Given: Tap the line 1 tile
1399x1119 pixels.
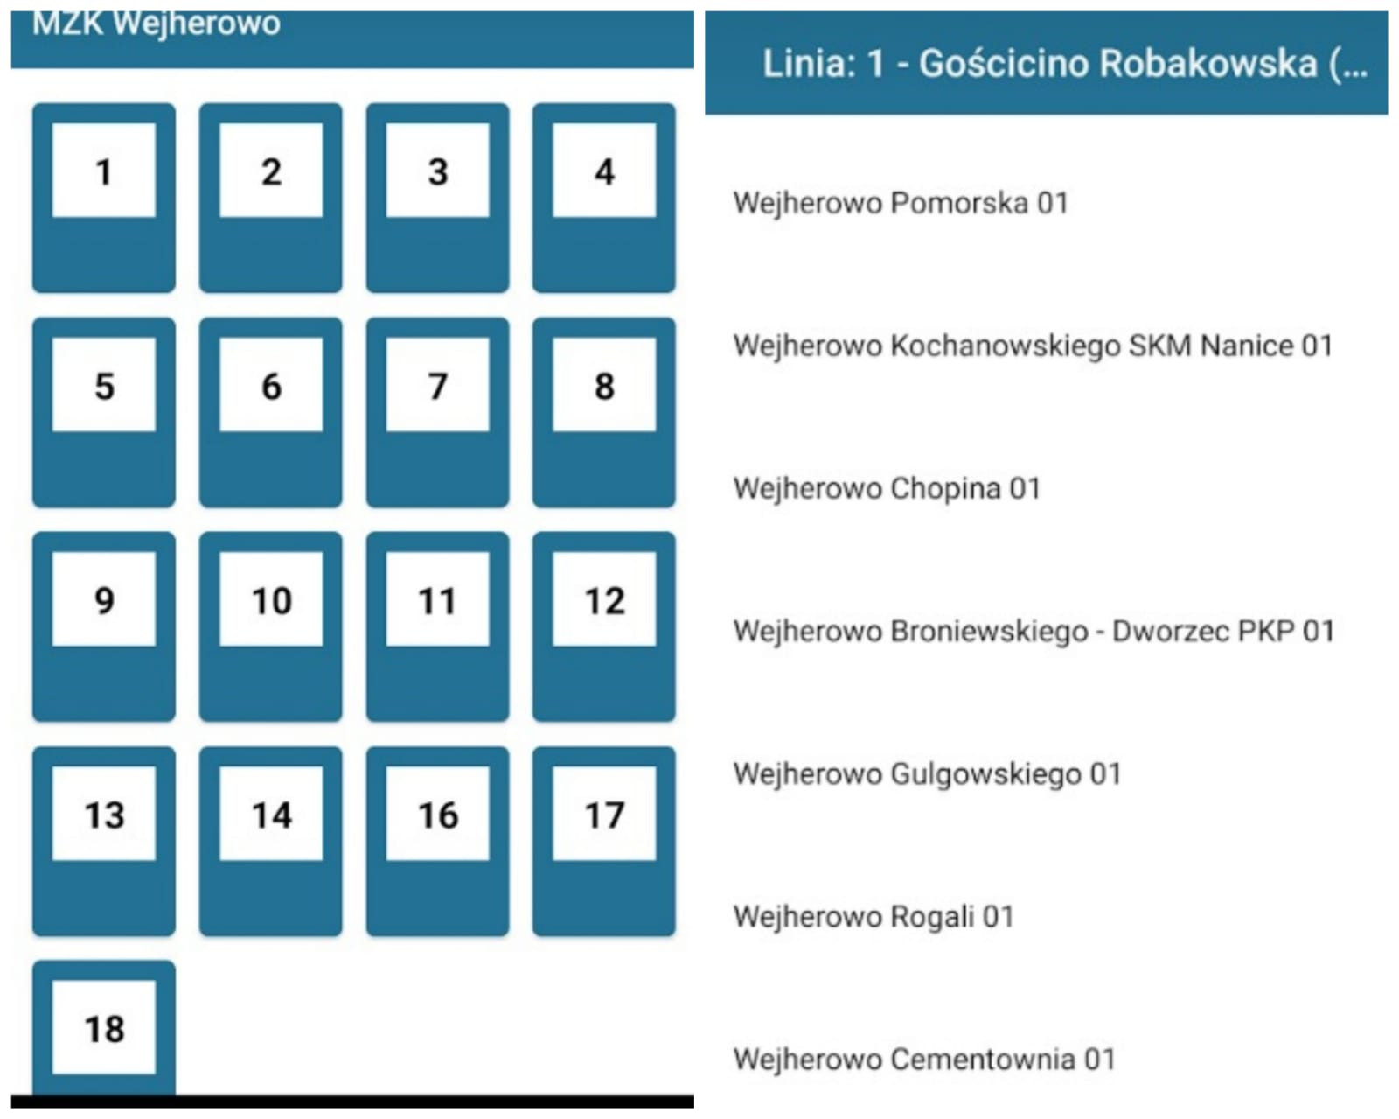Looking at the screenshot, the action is pos(104,198).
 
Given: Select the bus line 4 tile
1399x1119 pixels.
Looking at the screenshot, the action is pos(604,198).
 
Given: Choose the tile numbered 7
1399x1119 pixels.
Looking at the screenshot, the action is pos(437,412).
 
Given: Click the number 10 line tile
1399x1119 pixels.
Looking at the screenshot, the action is pos(270,626).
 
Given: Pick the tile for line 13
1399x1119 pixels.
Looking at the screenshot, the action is pos(104,841).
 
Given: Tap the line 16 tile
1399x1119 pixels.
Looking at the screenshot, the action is pos(437,841).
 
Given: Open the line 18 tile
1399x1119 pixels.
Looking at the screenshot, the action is pos(104,1028).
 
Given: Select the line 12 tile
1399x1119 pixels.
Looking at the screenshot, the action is pos(604,626).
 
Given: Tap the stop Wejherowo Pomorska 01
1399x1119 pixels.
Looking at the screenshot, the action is pos(901,203).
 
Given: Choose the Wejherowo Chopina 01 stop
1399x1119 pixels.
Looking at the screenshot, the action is pos(887,488).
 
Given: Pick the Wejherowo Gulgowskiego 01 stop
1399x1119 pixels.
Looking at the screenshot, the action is pos(927,774).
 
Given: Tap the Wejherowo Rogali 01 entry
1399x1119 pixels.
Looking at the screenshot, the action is pos(874,917).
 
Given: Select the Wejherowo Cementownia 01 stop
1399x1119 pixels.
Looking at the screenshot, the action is pos(924,1060).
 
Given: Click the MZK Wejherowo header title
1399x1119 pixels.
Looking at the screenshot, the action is pos(156,24).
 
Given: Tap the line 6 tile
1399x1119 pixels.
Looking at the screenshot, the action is pos(270,412).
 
